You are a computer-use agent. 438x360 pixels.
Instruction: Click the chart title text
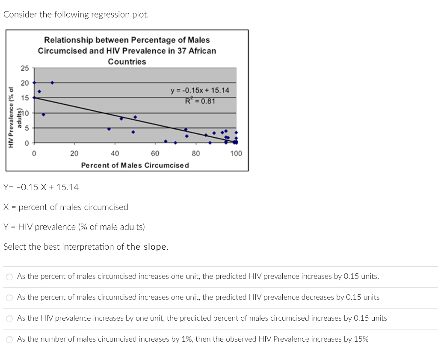(x=127, y=50)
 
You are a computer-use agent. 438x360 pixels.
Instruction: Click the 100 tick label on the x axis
(x=236, y=153)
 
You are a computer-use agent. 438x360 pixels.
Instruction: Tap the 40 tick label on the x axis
(x=115, y=153)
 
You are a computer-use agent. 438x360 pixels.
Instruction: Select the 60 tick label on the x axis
(x=155, y=153)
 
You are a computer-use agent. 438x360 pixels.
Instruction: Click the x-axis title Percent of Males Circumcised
(x=135, y=165)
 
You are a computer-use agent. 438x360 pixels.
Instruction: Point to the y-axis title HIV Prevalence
(x=11, y=117)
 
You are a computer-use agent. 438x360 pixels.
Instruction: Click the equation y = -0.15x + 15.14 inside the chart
(x=200, y=90)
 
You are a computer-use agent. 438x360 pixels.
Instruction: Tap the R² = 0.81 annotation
(x=200, y=101)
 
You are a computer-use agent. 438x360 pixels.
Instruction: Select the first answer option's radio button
(x=9, y=277)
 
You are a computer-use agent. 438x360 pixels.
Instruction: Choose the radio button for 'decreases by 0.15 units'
(x=9, y=298)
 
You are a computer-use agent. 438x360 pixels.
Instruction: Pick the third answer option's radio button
(x=9, y=319)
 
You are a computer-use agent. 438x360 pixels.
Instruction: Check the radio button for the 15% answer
(x=9, y=339)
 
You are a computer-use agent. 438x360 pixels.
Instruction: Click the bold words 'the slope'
(x=147, y=247)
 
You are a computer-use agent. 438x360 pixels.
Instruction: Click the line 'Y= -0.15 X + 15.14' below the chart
(x=41, y=187)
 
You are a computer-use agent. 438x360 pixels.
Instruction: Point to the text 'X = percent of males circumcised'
(x=66, y=207)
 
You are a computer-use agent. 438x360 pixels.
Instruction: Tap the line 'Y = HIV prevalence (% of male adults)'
(x=74, y=227)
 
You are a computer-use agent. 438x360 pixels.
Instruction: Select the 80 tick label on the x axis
(x=195, y=153)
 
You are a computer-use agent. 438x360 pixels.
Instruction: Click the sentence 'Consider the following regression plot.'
(x=76, y=15)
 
